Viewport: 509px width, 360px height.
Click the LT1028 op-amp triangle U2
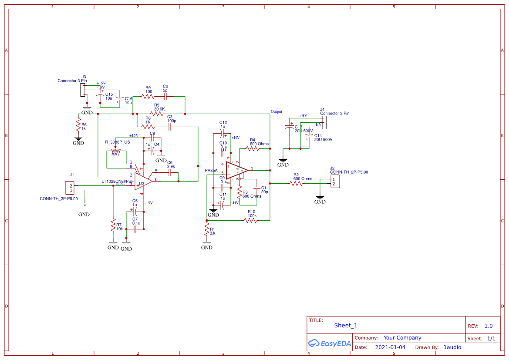(143, 180)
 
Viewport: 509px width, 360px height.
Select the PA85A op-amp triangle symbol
(237, 170)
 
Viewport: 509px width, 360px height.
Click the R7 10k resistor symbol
(113, 227)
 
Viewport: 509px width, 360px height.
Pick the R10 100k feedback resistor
(250, 221)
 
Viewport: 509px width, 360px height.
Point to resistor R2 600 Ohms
(297, 184)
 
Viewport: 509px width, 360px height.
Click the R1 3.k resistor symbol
(207, 231)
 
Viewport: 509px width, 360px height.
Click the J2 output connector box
(334, 182)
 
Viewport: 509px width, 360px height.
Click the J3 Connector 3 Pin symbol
(82, 90)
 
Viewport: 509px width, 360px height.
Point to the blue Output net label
(276, 111)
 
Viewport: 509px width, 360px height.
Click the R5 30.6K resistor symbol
(157, 114)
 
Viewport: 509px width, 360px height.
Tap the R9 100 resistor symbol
(148, 97)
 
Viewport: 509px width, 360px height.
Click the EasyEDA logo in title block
(329, 343)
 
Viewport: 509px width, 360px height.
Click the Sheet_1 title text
(346, 325)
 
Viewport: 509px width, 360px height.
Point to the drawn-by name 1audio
(452, 347)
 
